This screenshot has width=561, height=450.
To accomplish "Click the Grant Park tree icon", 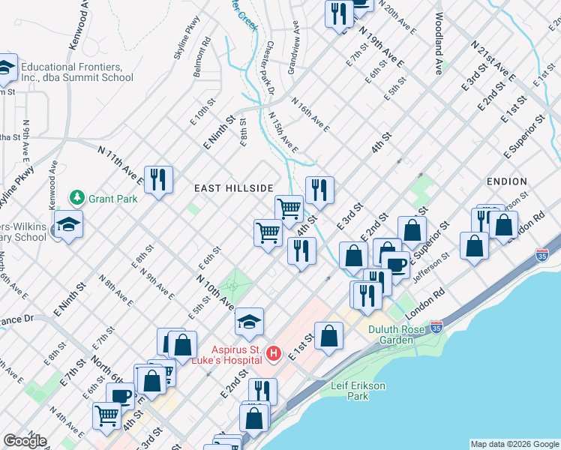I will pos(76,199).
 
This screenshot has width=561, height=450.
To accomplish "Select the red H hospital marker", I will pos(274,352).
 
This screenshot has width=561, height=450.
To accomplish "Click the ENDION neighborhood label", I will pos(506,181).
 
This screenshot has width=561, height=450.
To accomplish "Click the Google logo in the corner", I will pos(25,441).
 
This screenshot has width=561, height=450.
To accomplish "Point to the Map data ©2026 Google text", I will pos(514,444).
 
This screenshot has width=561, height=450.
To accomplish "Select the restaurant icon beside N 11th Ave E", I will pos(157,180).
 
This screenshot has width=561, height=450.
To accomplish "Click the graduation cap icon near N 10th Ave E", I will pos(250,322).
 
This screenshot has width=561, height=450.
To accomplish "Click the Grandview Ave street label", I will pos(293,52).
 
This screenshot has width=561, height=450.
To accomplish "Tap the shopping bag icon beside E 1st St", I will pos(328,337).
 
